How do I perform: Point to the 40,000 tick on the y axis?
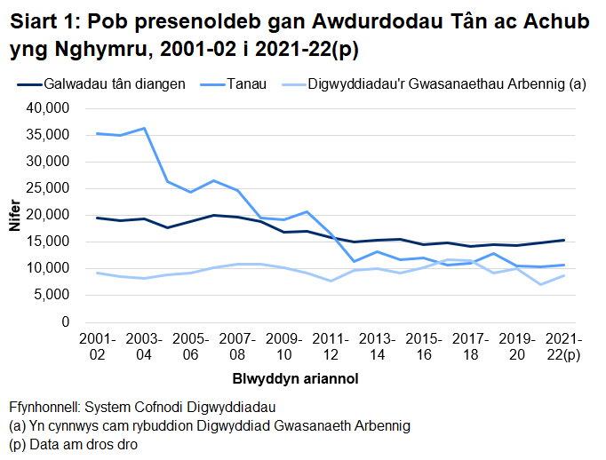(50, 108)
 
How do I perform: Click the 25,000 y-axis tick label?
(50, 188)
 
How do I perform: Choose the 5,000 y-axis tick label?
(53, 295)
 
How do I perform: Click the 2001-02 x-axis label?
(97, 347)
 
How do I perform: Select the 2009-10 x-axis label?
(283, 347)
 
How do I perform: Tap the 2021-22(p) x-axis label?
(563, 347)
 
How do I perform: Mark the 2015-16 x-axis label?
(424, 347)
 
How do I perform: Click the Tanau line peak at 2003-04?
(144, 129)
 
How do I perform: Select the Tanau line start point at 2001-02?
(97, 133)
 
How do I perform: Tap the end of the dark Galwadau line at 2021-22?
(563, 240)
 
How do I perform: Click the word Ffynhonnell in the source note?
(44, 407)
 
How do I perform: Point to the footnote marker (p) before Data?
(17, 444)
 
